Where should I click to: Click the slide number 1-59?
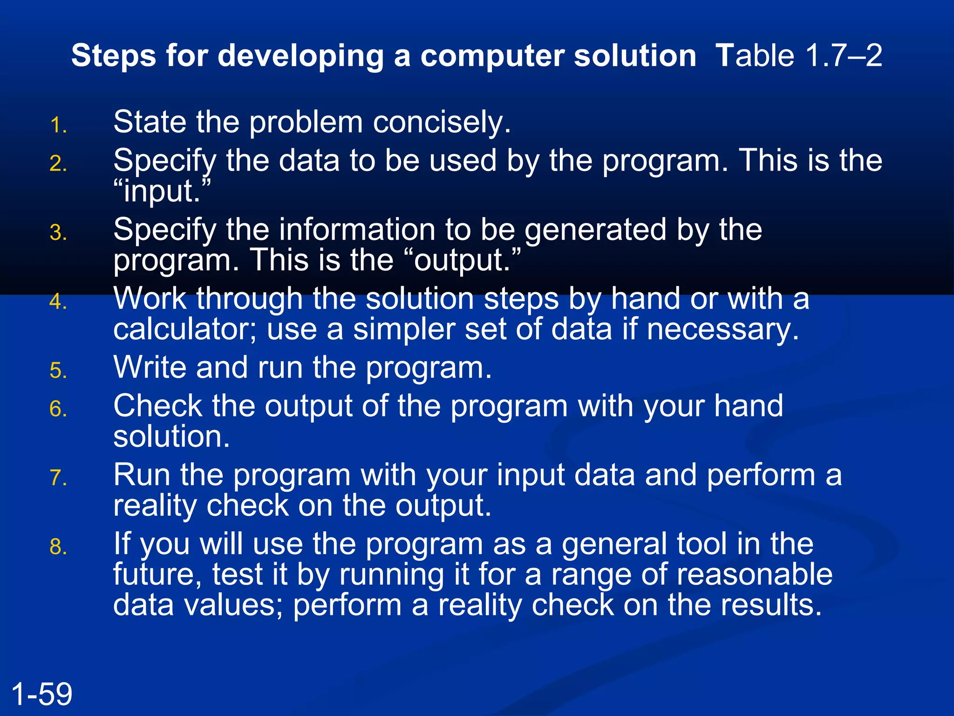41,694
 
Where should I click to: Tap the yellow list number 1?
58,126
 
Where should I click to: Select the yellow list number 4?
58,302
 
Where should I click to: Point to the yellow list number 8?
58,547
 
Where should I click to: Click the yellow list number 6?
58,409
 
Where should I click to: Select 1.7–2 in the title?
843,55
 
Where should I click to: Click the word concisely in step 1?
442,123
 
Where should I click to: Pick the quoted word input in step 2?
162,192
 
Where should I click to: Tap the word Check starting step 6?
157,406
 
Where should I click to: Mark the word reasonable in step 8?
754,574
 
